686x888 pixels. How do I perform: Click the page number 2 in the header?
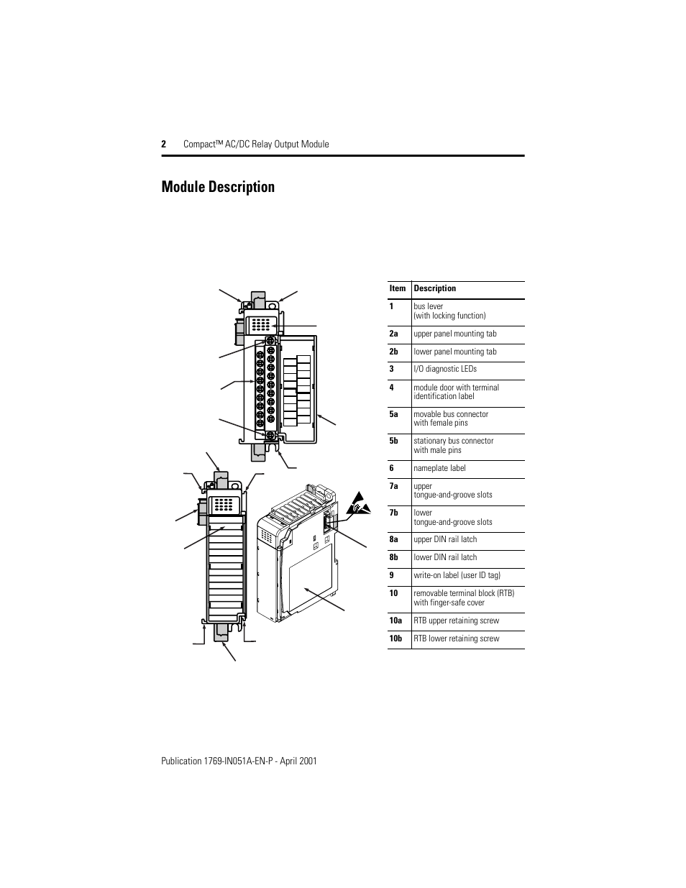(164, 145)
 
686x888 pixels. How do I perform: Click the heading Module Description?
(218, 187)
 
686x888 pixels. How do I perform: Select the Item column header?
(398, 288)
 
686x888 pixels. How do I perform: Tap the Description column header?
(434, 288)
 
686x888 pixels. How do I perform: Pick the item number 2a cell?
(393, 334)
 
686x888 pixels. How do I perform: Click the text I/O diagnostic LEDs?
(444, 369)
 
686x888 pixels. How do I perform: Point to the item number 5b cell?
(393, 441)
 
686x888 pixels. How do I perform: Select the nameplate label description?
(439, 468)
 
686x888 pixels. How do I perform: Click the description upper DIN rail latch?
(445, 539)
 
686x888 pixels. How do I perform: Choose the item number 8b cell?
(393, 557)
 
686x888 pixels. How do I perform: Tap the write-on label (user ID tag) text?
(457, 575)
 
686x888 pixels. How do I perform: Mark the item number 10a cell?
(395, 621)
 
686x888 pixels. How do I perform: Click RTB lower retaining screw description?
(456, 638)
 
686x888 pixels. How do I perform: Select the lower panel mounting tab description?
(454, 352)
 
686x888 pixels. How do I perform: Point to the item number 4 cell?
(392, 388)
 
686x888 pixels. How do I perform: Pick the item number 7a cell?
(393, 486)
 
